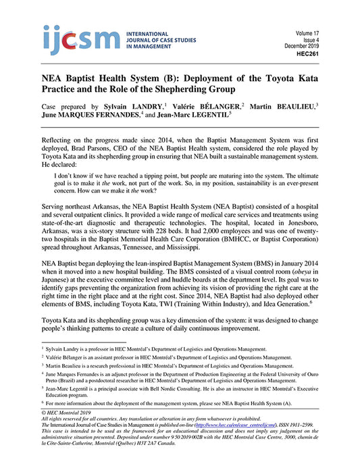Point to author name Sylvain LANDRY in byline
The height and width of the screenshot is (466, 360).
point(134,107)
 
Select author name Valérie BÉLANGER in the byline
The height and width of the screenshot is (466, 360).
point(209,107)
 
